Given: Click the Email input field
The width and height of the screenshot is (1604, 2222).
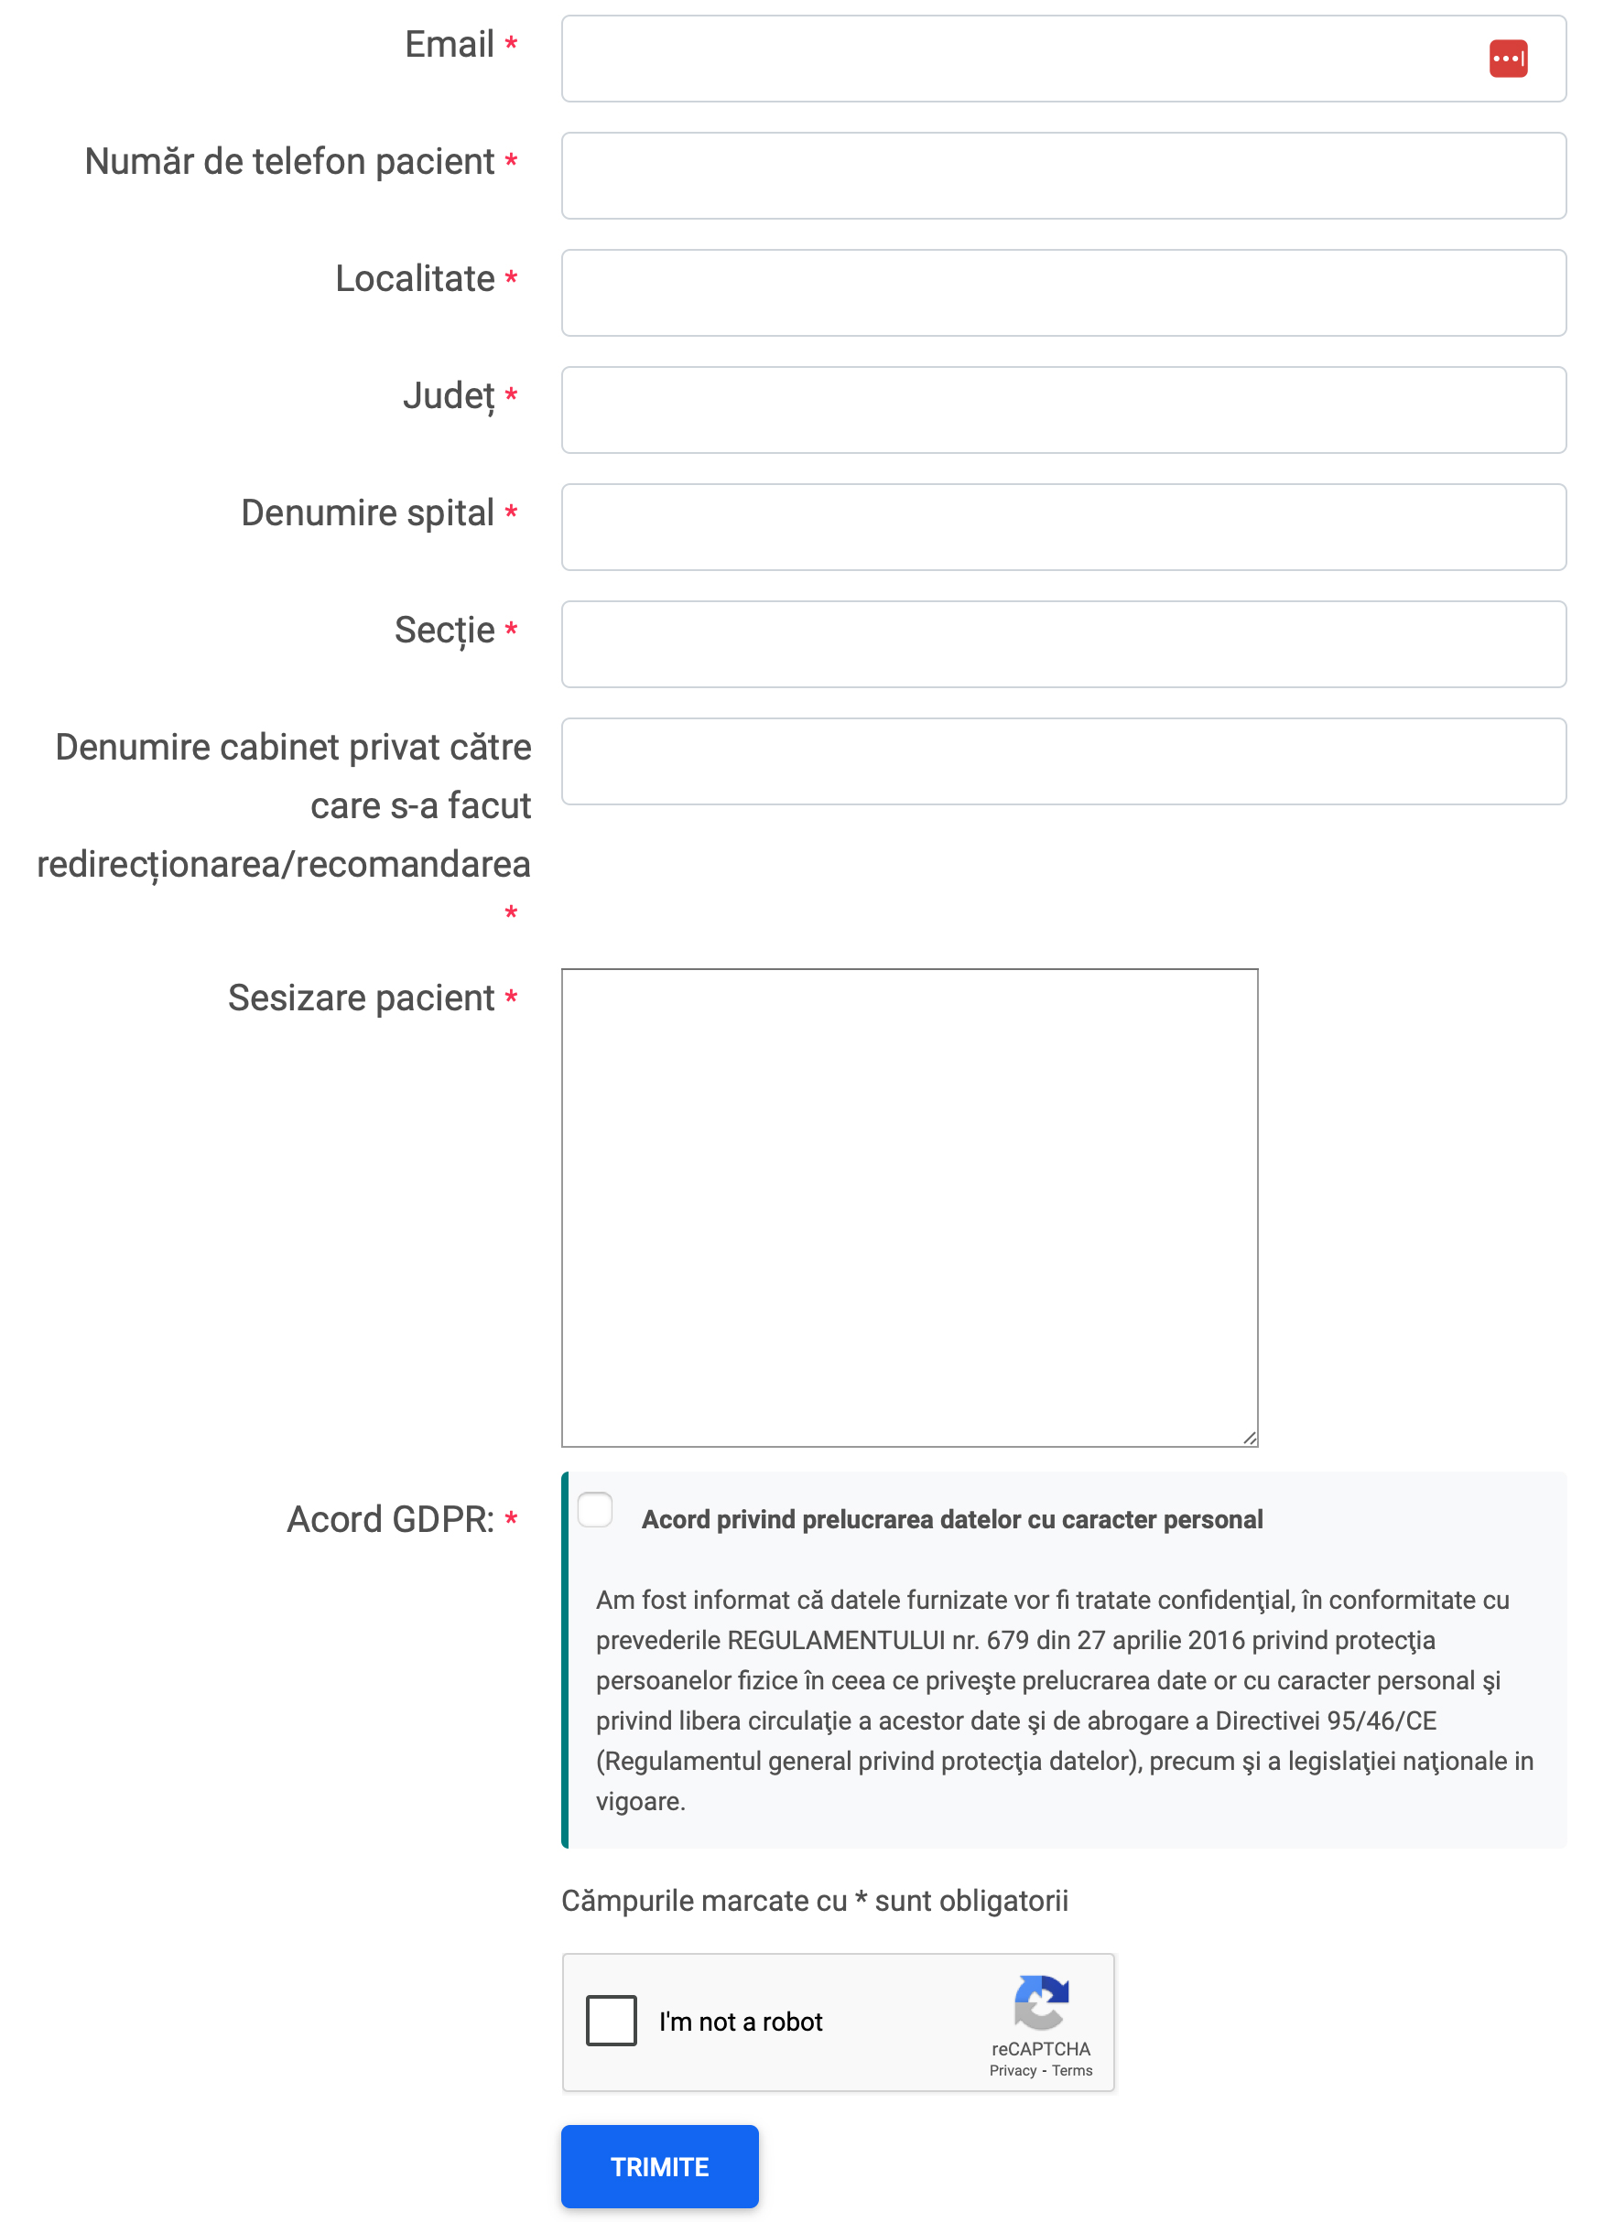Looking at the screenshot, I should pos(1019,59).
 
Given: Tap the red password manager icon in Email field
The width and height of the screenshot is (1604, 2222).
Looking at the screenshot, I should pos(1507,59).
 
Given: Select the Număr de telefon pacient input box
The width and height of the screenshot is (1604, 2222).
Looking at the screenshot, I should pos(1063,177).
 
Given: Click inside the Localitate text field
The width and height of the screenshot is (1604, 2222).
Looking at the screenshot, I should pos(1063,293).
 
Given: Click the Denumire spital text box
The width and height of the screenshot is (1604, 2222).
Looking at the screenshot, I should pos(1063,527).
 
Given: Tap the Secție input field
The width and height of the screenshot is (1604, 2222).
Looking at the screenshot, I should pos(1063,644).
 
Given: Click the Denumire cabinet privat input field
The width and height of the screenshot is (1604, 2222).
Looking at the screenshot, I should pos(1063,761).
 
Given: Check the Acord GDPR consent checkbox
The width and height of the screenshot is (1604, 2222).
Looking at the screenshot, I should pos(595,1510).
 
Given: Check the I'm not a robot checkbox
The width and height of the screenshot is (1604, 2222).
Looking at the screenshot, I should pos(611,2020).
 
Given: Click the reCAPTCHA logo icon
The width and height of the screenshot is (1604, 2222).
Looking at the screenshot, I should pos(1041,2001).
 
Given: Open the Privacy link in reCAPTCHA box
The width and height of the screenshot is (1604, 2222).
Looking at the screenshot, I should pos(1013,2070).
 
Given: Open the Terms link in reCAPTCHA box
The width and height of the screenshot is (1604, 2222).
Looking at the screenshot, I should pos(1072,2070).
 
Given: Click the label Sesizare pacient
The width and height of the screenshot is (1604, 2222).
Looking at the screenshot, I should pos(361,998).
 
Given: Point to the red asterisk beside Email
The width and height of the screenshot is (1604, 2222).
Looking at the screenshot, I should pos(511,44).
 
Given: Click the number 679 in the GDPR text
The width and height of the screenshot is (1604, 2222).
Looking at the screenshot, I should pos(1007,1640).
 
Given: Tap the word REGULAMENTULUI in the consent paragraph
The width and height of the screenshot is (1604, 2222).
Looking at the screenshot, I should pos(836,1640).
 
